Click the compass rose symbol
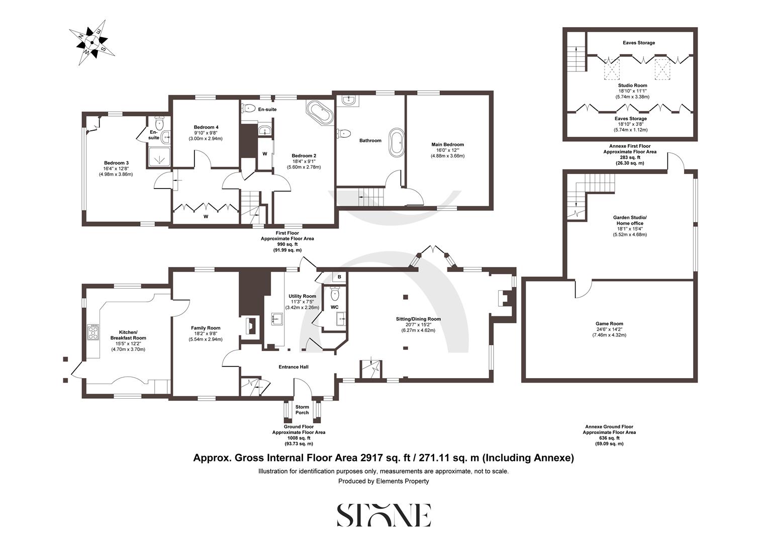(92, 42)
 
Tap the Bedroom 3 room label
(116, 163)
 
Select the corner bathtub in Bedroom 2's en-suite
(319, 113)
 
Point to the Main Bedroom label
(447, 144)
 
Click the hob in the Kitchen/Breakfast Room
(93, 332)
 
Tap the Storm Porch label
(302, 409)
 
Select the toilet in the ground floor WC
(335, 293)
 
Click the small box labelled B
(339, 277)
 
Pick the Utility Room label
(302, 296)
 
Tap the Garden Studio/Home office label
(629, 220)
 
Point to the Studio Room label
(632, 85)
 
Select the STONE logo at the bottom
(383, 515)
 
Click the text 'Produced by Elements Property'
(383, 481)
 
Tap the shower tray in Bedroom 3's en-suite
(159, 158)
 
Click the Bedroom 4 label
(206, 127)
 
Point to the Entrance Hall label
(293, 367)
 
